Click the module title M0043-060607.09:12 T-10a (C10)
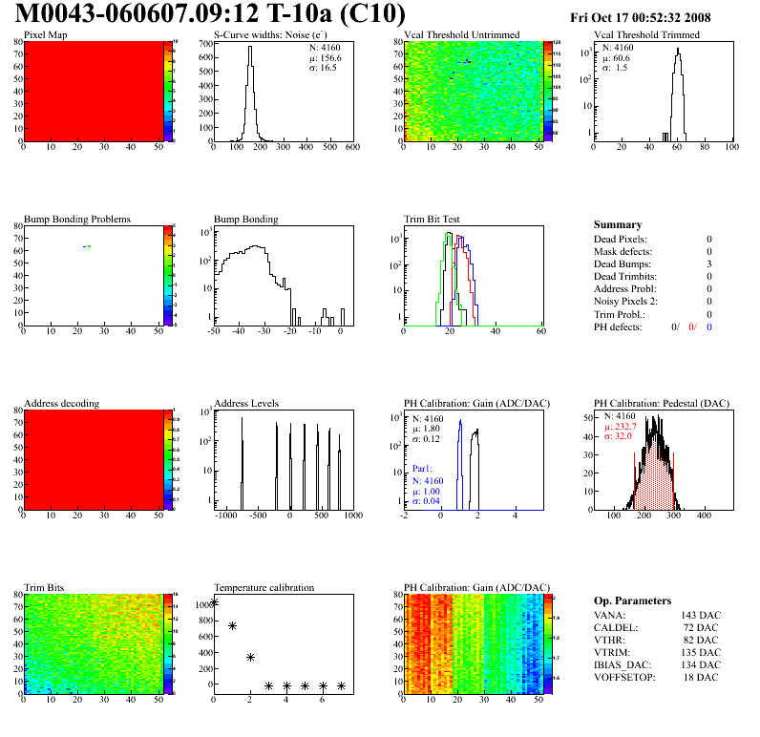[211, 14]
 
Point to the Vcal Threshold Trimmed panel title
[646, 35]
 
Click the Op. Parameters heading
[632, 600]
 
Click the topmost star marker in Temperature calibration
[215, 602]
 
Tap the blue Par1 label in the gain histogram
[422, 470]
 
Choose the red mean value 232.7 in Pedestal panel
[628, 427]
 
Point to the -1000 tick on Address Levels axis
[225, 516]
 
